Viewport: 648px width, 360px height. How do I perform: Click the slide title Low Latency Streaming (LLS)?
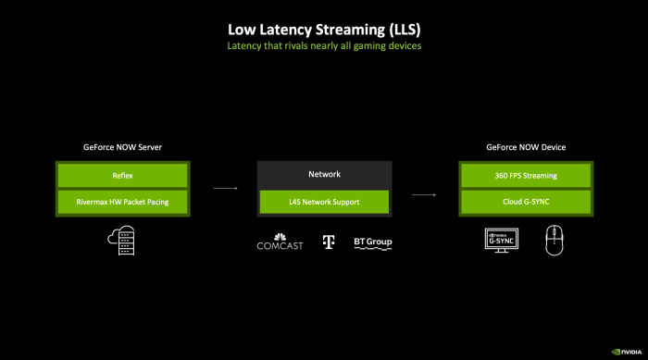pyautogui.click(x=324, y=28)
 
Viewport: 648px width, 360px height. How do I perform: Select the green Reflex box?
pyautogui.click(x=123, y=175)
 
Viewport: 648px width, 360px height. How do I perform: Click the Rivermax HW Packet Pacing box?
pyautogui.click(x=123, y=201)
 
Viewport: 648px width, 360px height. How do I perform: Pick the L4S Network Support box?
pyautogui.click(x=323, y=201)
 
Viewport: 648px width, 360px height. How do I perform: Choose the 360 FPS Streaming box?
pyautogui.click(x=524, y=175)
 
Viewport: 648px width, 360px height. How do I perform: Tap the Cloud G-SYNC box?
pyautogui.click(x=524, y=201)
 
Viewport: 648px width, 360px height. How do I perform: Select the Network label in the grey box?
pyautogui.click(x=323, y=173)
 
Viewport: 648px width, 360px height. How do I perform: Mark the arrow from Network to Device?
pyautogui.click(x=423, y=195)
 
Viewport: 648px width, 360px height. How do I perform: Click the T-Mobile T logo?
pyautogui.click(x=327, y=242)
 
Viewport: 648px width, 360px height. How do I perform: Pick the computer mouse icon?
pyautogui.click(x=554, y=241)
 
